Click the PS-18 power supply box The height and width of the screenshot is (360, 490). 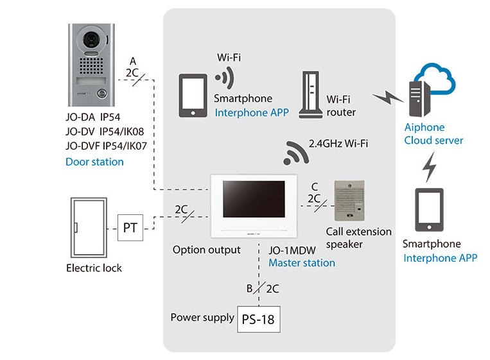tap(259, 318)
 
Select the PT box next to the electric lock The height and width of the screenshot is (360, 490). tap(130, 228)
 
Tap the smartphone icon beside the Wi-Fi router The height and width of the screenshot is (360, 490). tap(192, 96)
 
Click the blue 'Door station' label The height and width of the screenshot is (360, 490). tap(94, 162)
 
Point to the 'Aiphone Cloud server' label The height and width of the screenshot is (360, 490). tap(433, 134)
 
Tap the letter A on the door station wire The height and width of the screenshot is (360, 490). tap(132, 60)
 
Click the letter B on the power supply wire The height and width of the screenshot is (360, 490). tap(250, 288)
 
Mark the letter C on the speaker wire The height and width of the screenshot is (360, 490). tap(314, 186)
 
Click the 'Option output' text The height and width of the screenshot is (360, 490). tap(207, 250)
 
